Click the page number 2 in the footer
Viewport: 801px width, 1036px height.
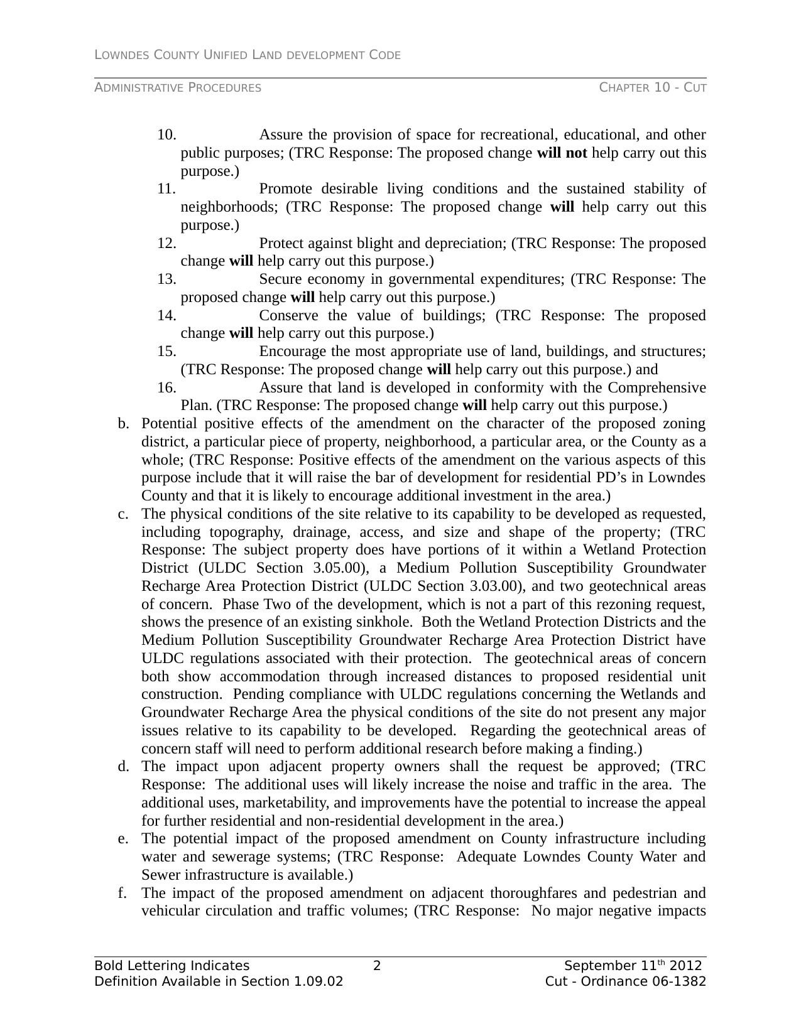(377, 966)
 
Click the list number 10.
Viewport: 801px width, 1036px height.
(166, 135)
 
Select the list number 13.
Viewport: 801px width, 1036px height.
(166, 279)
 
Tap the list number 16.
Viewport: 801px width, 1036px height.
(166, 388)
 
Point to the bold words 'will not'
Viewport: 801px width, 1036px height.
(562, 153)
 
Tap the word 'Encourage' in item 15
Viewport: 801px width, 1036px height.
(293, 352)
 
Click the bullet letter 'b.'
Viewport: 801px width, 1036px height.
(123, 424)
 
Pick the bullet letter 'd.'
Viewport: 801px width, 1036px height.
(123, 767)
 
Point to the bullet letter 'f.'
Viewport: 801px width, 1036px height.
(123, 893)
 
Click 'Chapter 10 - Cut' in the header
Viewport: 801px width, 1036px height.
(653, 88)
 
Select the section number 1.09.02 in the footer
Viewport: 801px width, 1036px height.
(319, 981)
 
